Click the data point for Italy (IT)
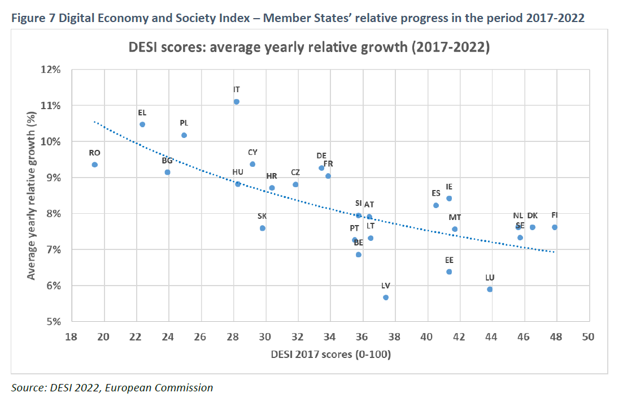pos(236,102)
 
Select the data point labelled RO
pos(94,165)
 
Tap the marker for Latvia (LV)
pos(386,297)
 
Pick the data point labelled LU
pos(490,290)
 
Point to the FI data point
pos(555,227)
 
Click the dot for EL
pos(142,124)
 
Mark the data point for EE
pos(449,272)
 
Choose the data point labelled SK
pos(262,228)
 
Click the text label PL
pos(184,123)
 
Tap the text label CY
pos(252,152)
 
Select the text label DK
pos(532,215)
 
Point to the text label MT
pos(455,217)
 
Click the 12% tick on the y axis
pos(51,70)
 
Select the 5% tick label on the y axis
pos(53,322)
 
